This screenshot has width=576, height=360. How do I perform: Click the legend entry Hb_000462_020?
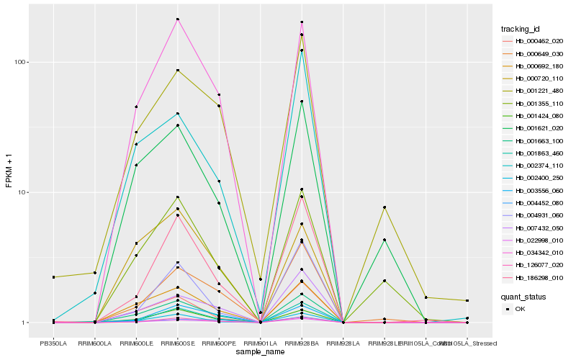click(534, 41)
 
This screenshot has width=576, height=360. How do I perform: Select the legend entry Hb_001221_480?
click(534, 91)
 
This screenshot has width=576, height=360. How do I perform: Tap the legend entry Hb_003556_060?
click(534, 190)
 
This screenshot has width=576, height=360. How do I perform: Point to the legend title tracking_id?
click(520, 29)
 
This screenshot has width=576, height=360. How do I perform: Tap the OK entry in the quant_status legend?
click(528, 309)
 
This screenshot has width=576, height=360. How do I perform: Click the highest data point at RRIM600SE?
click(177, 19)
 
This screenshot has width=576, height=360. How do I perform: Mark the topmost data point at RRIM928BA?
click(302, 22)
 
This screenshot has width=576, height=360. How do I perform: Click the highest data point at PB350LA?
click(53, 277)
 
